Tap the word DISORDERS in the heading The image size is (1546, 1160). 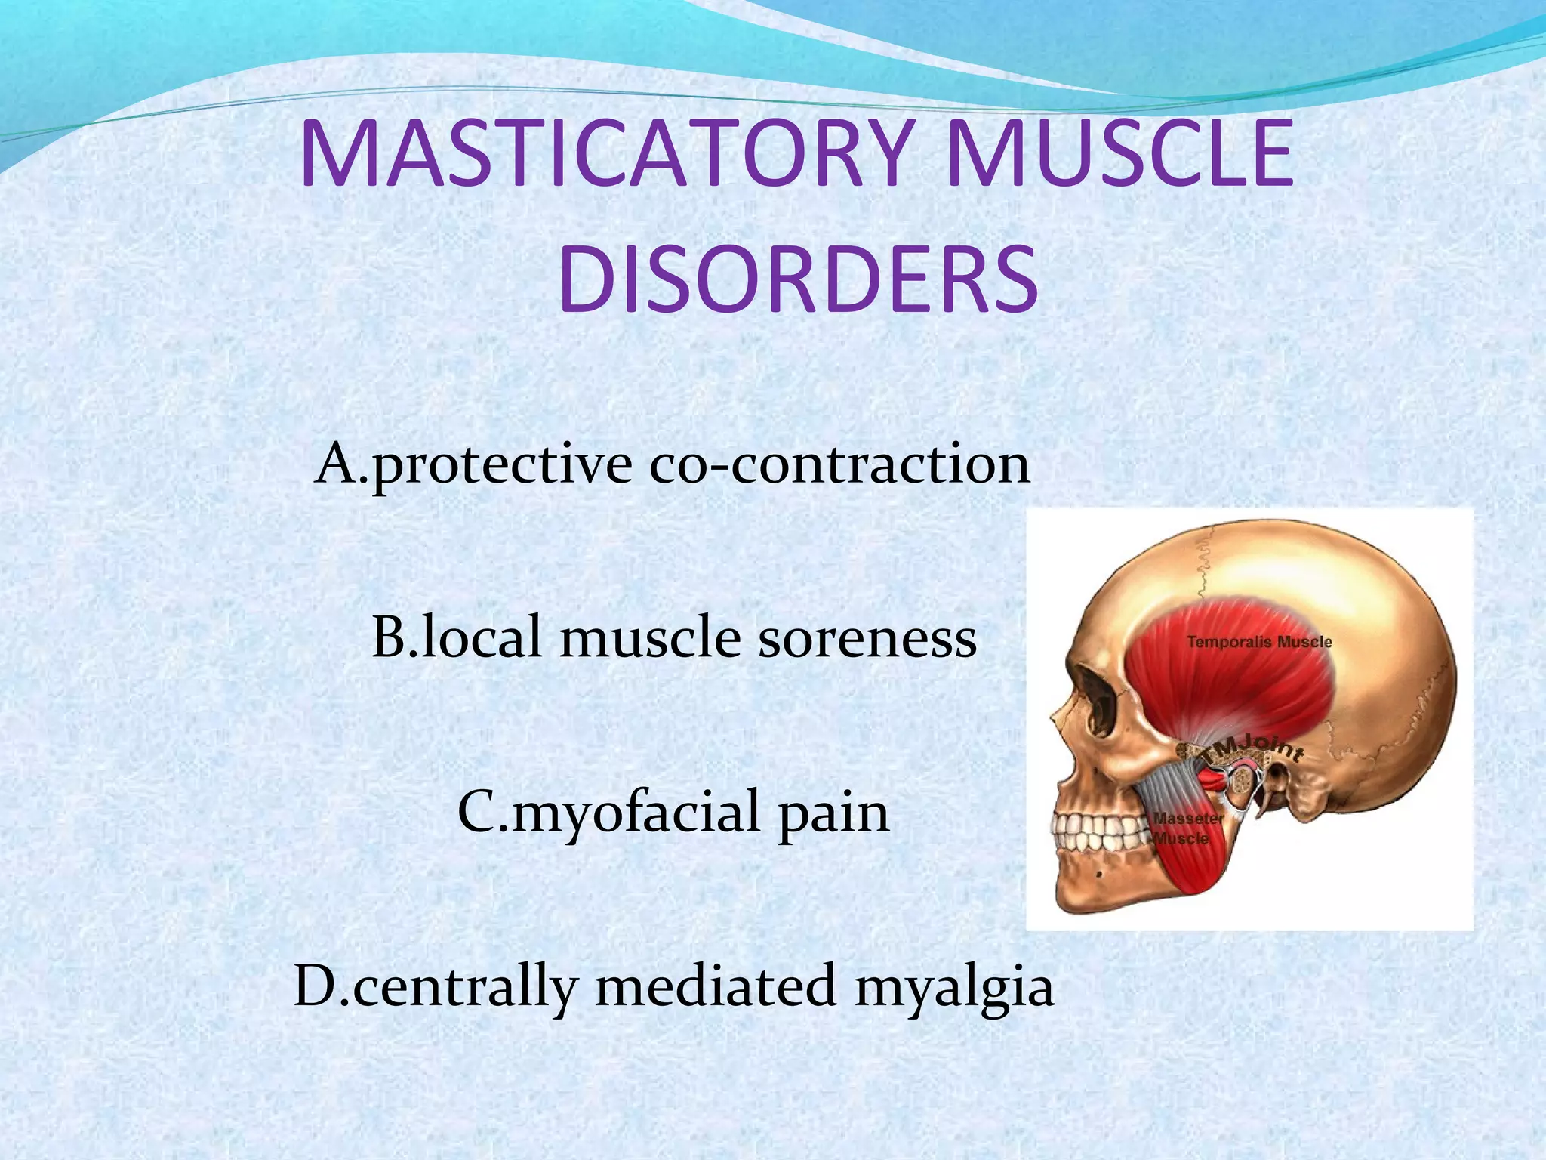coord(798,279)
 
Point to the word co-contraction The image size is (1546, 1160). coord(839,464)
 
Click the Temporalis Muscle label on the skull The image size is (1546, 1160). coord(1259,643)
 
